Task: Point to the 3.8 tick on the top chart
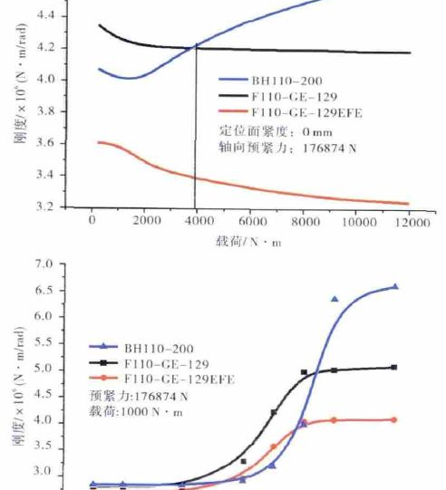click(53, 111)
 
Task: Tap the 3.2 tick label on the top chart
click(53, 207)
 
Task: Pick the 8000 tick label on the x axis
click(304, 220)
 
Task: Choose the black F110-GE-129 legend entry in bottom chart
click(160, 363)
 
